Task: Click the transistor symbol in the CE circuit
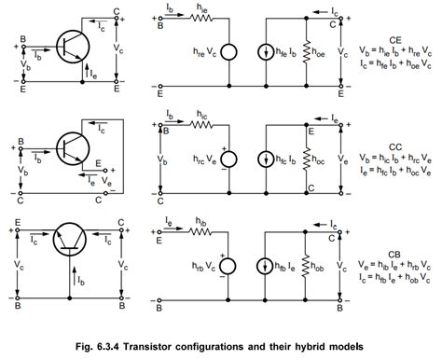69,44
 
